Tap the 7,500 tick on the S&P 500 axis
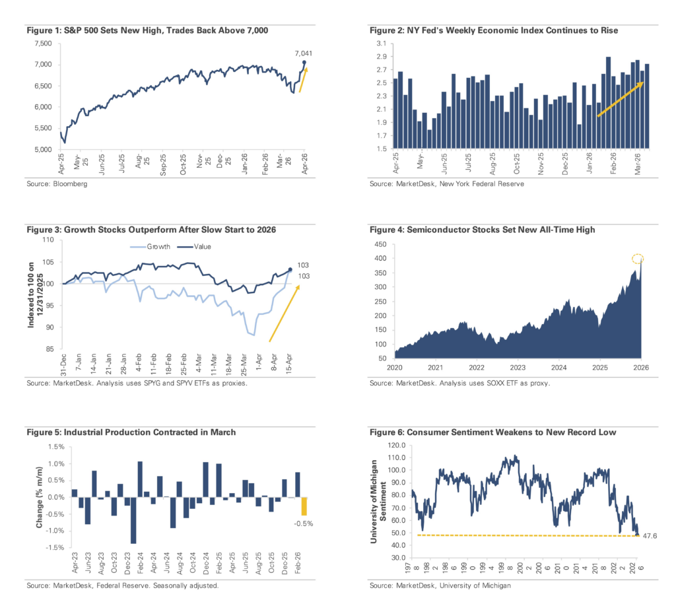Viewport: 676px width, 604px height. coord(42,43)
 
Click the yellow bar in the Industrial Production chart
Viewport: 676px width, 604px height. coord(304,506)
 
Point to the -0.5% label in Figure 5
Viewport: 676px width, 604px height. coord(304,524)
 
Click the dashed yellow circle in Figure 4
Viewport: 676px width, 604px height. coord(637,259)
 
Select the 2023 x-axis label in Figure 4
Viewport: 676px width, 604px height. coord(518,367)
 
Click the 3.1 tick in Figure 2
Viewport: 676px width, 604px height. coord(382,43)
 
